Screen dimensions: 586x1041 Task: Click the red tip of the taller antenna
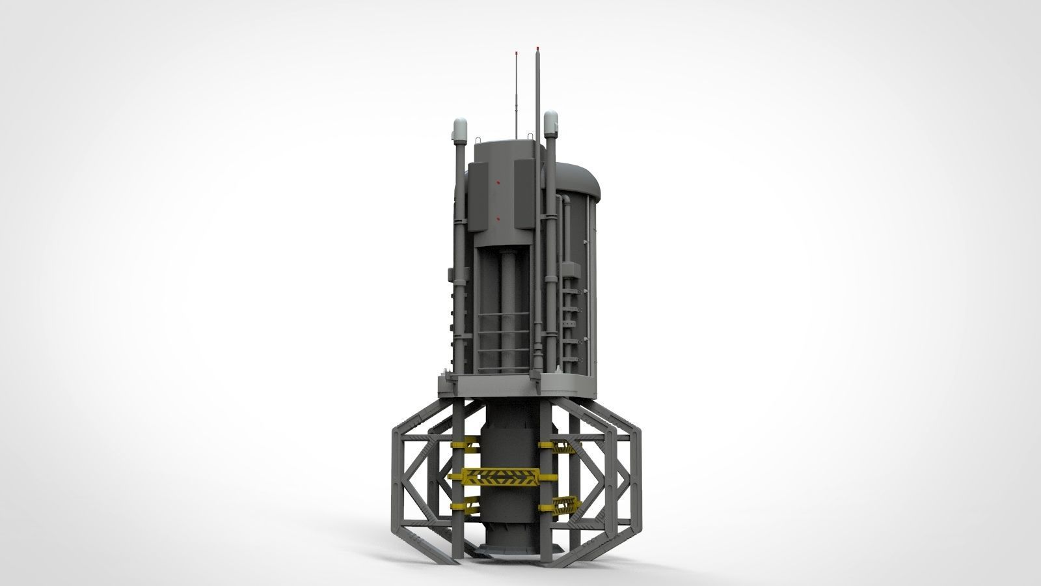(537, 48)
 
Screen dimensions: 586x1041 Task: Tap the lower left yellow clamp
(466, 506)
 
